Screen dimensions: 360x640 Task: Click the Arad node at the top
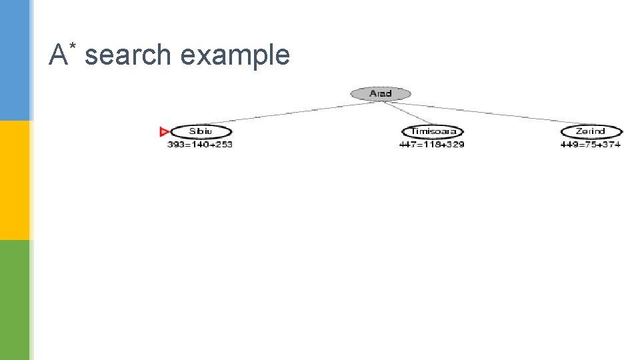pos(381,93)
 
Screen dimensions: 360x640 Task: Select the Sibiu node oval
pos(201,131)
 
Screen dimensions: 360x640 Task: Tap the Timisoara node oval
pos(433,131)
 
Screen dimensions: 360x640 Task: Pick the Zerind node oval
pos(591,131)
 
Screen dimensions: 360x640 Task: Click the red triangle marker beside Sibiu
pos(165,131)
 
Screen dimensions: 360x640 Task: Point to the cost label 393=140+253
pos(200,145)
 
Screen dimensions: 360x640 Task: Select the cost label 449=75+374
pos(591,145)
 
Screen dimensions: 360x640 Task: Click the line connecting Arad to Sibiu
pos(287,113)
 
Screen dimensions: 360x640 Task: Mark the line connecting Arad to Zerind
pos(487,112)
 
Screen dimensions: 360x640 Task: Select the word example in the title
pos(235,56)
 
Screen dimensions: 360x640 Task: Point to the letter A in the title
pos(58,55)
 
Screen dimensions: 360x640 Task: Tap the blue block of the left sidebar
pos(15,60)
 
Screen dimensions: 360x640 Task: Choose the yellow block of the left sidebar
pos(15,180)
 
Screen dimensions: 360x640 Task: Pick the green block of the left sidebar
pos(15,300)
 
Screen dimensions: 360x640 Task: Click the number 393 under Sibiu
pos(175,145)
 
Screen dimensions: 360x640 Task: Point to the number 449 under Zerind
pos(568,145)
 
